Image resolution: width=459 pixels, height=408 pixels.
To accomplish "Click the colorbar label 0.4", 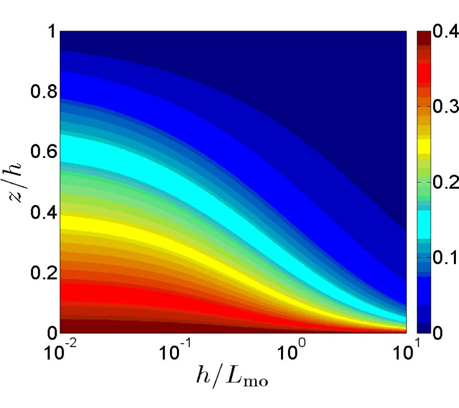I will click(442, 33).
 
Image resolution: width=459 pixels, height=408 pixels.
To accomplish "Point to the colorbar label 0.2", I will click(442, 183).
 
